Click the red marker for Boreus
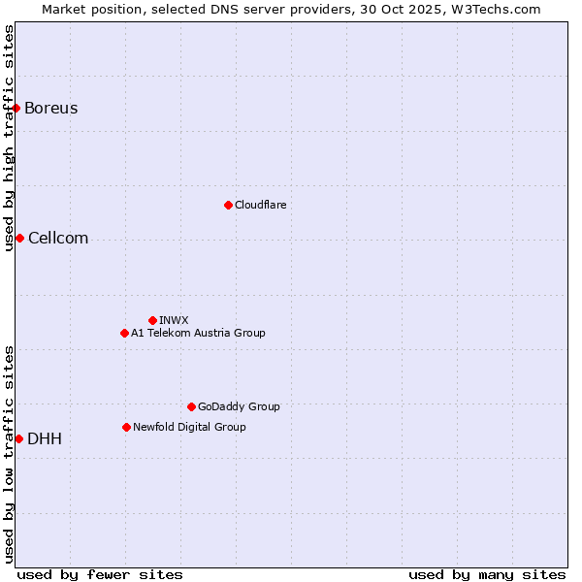tap(16, 108)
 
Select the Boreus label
tap(51, 108)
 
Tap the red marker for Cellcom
tap(19, 239)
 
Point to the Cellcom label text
tap(58, 239)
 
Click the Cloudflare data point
tap(228, 205)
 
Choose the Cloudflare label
tap(260, 205)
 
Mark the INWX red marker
tap(152, 320)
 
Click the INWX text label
tap(174, 320)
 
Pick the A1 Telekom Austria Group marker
tap(124, 333)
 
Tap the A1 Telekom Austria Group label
tap(198, 333)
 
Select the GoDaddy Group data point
tap(191, 406)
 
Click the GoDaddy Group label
tap(239, 406)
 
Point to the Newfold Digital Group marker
tap(126, 427)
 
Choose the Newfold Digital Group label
tap(189, 427)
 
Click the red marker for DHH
tap(18, 438)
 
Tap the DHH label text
tap(45, 438)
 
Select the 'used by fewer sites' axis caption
tap(100, 574)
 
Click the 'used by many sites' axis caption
tap(487, 574)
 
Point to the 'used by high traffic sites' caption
tap(9, 138)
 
